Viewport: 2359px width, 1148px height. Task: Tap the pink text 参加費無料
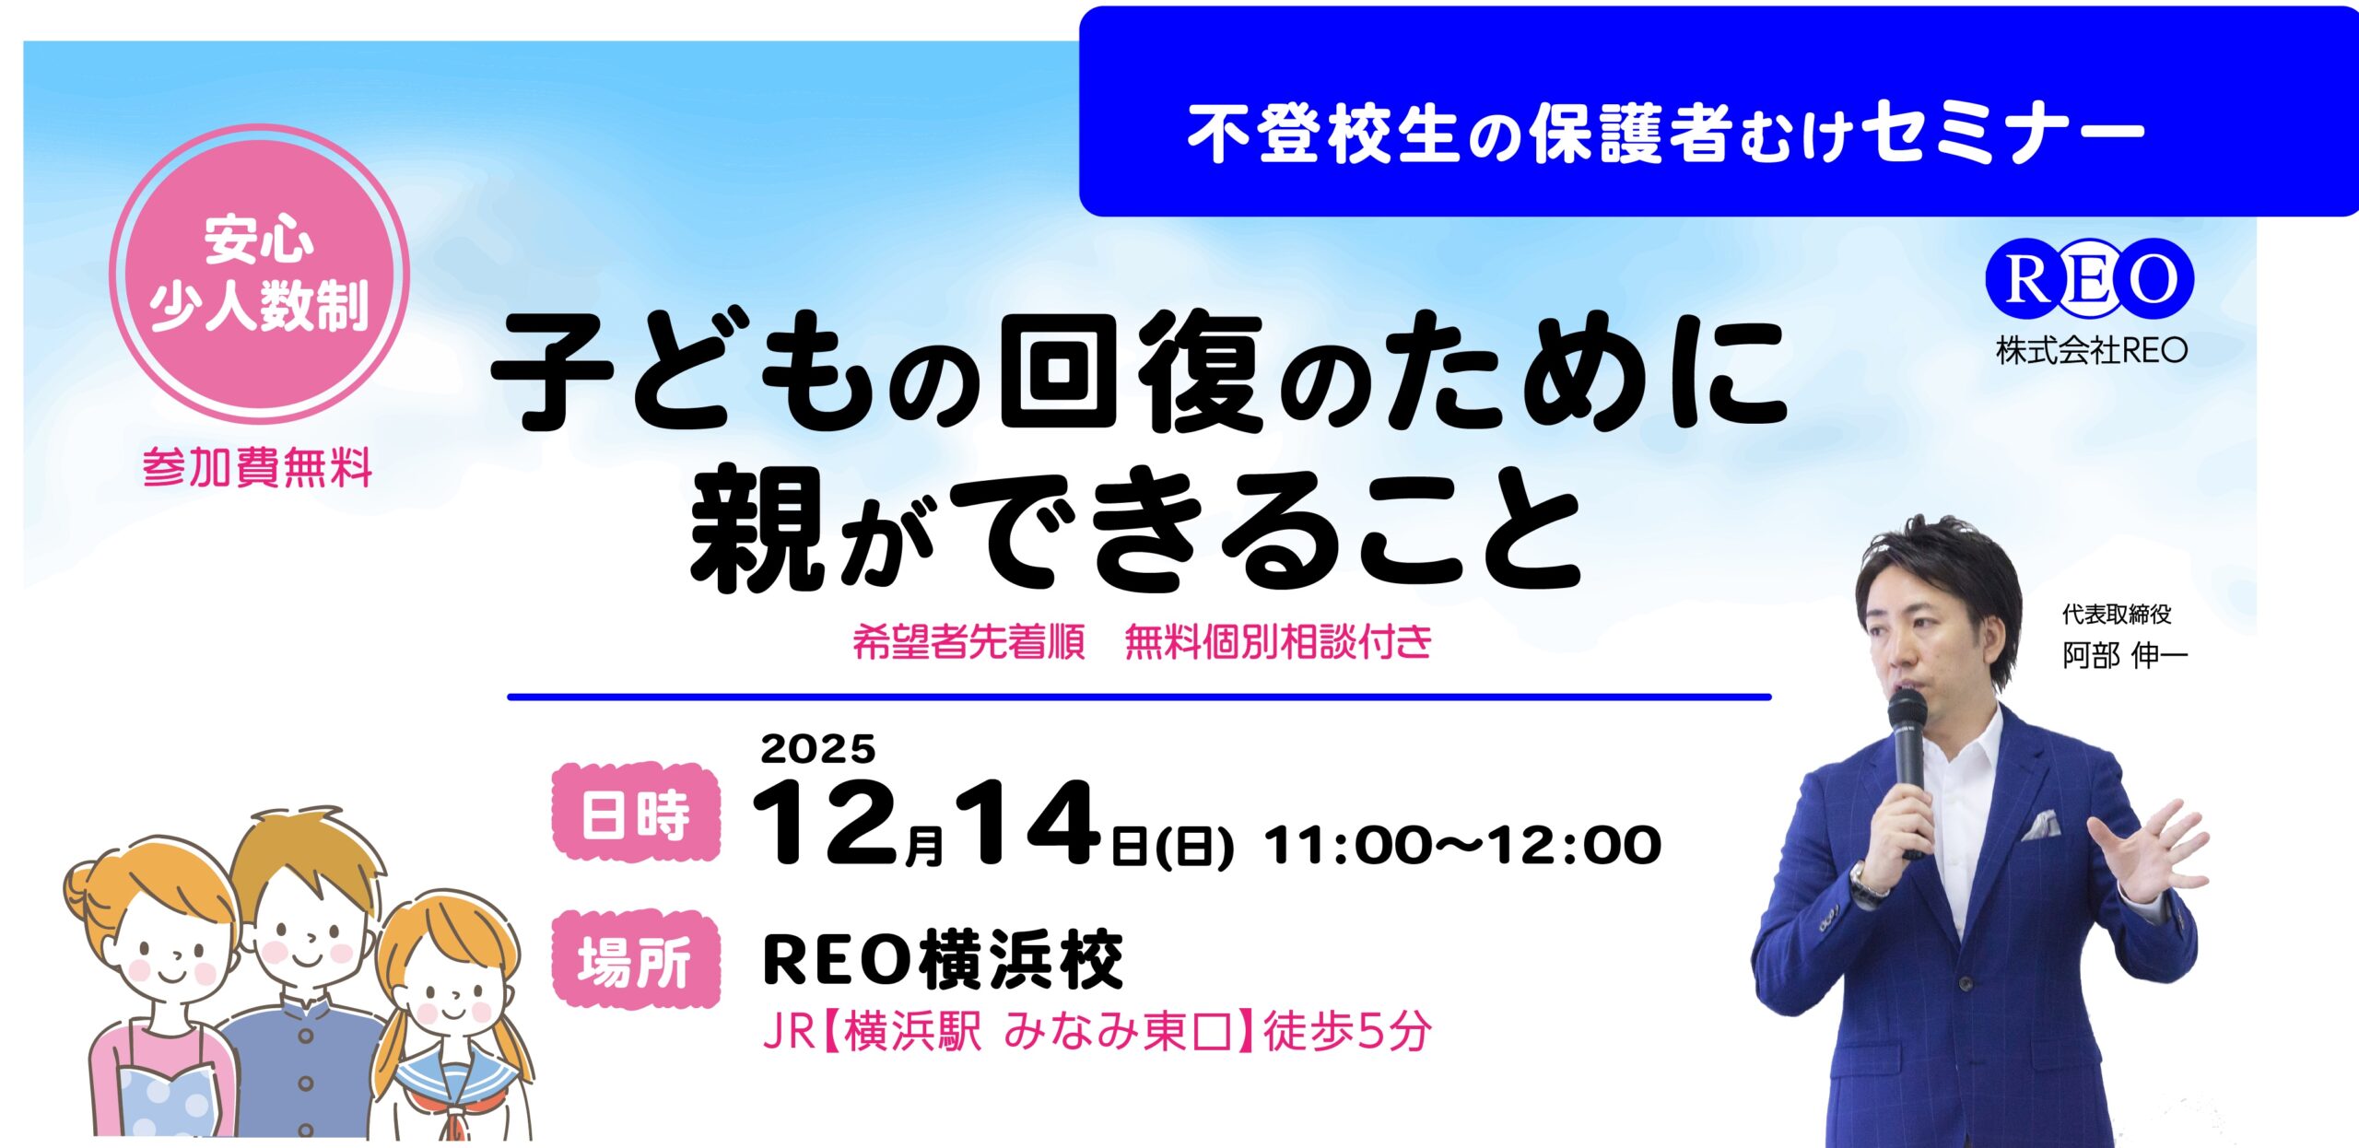pos(258,468)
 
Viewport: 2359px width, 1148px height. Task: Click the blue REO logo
pos(2089,278)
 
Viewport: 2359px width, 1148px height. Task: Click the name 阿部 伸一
pos(2124,656)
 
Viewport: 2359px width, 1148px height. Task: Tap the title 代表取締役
pos(2117,614)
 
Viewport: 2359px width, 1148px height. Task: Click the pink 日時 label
pos(635,813)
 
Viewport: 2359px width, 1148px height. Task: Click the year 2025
pos(817,749)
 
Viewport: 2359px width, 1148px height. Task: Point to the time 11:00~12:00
pos(1462,845)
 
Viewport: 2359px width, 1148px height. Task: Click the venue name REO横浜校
pos(943,960)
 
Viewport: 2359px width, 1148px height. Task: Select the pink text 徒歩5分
pos(1347,1031)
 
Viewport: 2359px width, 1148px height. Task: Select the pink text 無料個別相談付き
pos(1278,642)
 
